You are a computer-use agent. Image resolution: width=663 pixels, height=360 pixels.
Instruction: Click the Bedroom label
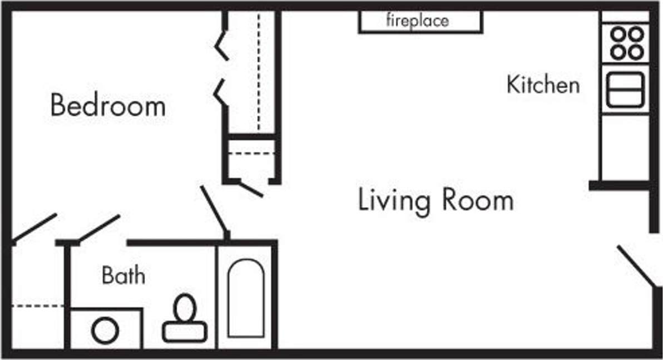108,105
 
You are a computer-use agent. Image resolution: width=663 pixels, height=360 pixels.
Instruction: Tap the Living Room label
435,200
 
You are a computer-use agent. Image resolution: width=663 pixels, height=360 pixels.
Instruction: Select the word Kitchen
543,85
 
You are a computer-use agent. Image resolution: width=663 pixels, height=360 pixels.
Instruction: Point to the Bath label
123,275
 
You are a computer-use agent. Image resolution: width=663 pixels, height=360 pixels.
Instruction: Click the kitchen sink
625,89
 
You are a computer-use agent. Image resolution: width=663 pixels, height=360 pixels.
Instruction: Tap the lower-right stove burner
635,52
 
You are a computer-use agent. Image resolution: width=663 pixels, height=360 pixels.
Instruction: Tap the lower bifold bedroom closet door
222,92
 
